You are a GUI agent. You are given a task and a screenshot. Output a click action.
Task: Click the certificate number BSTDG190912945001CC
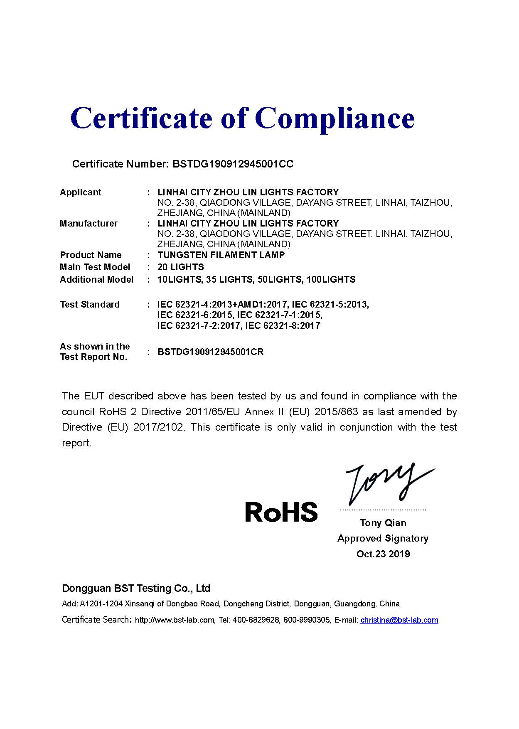tap(233, 164)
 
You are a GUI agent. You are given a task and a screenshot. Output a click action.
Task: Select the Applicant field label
tap(80, 192)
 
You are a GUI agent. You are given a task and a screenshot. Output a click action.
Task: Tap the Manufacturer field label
tap(89, 224)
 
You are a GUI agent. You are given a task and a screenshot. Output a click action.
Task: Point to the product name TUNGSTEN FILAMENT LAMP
tap(221, 255)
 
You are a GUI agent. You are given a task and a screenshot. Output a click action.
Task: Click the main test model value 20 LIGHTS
tap(181, 267)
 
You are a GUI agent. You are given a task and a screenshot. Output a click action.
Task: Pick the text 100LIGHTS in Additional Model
tap(331, 280)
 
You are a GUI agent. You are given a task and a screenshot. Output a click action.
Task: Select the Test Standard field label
tap(90, 305)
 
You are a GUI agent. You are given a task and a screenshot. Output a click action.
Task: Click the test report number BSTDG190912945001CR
tap(210, 352)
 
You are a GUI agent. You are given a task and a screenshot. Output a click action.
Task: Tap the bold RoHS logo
tap(281, 512)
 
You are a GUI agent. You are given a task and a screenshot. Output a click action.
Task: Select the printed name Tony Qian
tap(383, 523)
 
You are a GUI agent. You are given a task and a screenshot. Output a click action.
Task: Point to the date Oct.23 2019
tap(383, 554)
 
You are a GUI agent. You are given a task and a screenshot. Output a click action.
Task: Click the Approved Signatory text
tap(383, 539)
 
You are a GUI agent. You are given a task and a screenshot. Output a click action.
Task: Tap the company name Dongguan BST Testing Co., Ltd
tap(136, 589)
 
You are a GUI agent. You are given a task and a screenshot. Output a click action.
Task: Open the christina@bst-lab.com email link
tap(399, 620)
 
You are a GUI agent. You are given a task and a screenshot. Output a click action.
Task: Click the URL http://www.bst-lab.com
tap(175, 620)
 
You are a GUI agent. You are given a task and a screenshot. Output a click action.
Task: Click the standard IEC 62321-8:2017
tap(283, 326)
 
